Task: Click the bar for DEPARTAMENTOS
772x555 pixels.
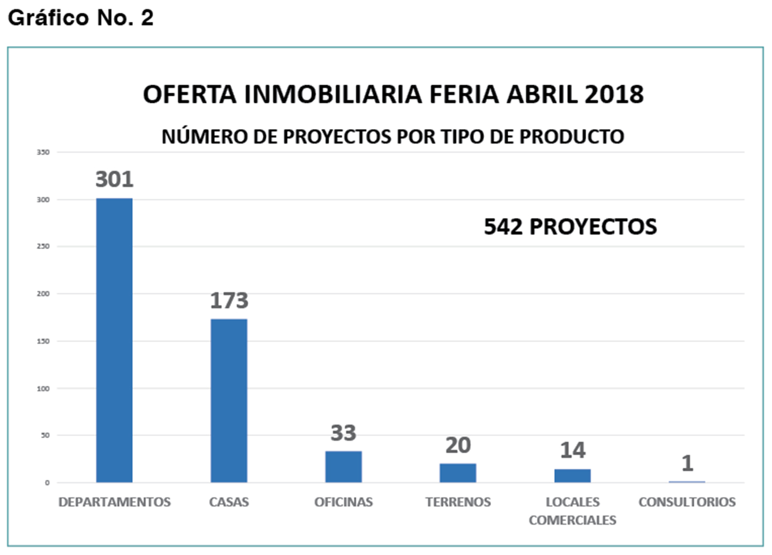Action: [x=114, y=340]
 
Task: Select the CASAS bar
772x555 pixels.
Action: [x=229, y=401]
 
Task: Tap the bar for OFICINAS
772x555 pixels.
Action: [x=344, y=467]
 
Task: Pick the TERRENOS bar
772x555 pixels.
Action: [x=458, y=473]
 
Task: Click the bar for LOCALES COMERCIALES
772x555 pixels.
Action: [x=573, y=476]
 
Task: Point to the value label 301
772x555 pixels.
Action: [x=114, y=179]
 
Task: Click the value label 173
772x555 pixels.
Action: [x=229, y=301]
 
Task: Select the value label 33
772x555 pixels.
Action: [x=343, y=433]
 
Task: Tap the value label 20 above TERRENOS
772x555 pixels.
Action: [x=458, y=445]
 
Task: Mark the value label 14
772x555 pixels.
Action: [x=573, y=451]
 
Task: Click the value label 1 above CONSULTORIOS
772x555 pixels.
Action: [x=687, y=463]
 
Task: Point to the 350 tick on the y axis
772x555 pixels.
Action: [x=43, y=152]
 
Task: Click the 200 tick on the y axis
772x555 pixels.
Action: [x=43, y=294]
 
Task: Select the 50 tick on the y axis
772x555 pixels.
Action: [x=45, y=436]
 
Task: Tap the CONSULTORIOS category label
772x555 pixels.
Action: [x=687, y=502]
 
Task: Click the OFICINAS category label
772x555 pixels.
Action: [x=344, y=502]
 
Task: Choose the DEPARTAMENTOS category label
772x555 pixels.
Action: [x=114, y=502]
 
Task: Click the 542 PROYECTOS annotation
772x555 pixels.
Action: [x=570, y=227]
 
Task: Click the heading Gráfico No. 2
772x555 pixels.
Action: [x=81, y=18]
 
